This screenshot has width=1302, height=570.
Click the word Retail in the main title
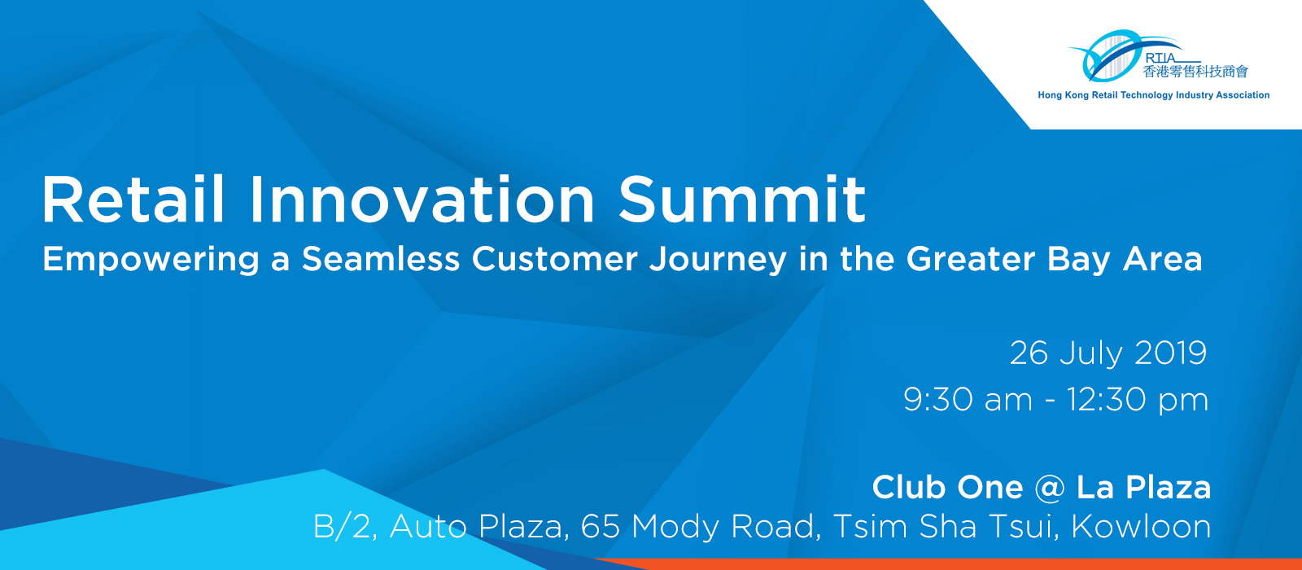click(x=133, y=199)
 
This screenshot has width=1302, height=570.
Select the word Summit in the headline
click(x=742, y=199)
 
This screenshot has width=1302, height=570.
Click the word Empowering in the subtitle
click(x=151, y=260)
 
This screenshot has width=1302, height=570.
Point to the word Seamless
click(x=381, y=259)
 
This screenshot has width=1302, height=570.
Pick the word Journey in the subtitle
click(x=718, y=260)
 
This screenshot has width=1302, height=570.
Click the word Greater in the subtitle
click(x=971, y=259)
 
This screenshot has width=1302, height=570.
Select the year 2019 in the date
click(x=1170, y=353)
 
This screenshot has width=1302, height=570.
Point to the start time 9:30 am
click(x=968, y=400)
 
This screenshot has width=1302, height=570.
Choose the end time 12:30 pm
click(x=1138, y=401)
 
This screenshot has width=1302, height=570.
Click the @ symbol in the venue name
click(x=1050, y=488)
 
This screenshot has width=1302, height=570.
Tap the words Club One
click(x=947, y=488)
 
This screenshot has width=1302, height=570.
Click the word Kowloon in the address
click(x=1141, y=526)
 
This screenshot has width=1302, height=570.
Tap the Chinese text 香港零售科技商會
click(x=1195, y=72)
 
